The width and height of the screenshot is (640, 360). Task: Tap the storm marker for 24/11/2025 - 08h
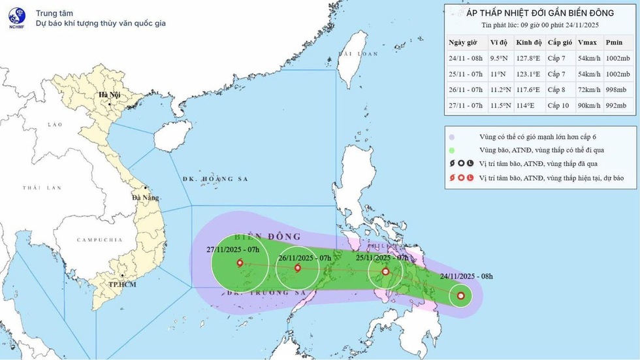(461, 297)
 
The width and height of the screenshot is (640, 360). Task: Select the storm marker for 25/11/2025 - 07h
(385, 271)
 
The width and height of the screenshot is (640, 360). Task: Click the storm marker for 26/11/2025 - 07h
(298, 267)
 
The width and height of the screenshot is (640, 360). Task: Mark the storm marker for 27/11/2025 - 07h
(240, 263)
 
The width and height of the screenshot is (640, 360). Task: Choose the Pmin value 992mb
(616, 105)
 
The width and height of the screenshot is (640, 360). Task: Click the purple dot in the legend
(452, 137)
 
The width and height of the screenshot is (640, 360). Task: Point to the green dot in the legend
(452, 150)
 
